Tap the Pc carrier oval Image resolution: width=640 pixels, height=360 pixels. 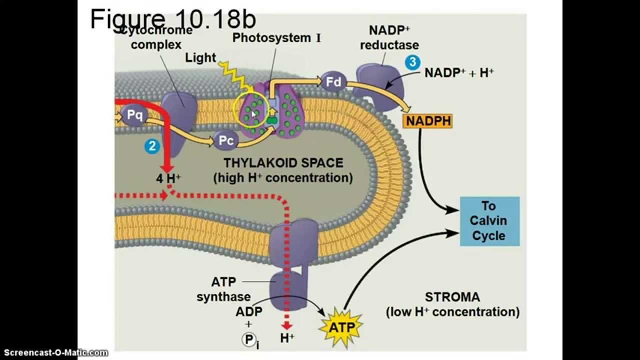pos(226,140)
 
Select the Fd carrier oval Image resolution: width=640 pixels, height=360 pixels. pos(333,81)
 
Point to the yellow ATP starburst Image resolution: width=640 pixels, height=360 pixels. pos(341,327)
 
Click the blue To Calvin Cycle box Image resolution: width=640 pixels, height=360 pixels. pos(489,221)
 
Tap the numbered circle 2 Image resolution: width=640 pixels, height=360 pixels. pos(152,146)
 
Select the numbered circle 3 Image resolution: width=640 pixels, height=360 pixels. pos(412,62)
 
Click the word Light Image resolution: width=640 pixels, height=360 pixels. pos(200,57)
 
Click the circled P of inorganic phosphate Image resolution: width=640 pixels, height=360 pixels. pos(248,340)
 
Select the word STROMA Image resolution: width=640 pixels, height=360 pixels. pos(452,297)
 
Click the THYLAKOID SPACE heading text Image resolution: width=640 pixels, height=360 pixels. pos(283,163)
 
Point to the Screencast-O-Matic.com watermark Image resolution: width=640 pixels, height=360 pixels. pos(54,353)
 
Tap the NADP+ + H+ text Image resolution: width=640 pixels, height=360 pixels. pos(459,72)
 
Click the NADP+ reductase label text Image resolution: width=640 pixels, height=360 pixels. pos(389,37)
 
